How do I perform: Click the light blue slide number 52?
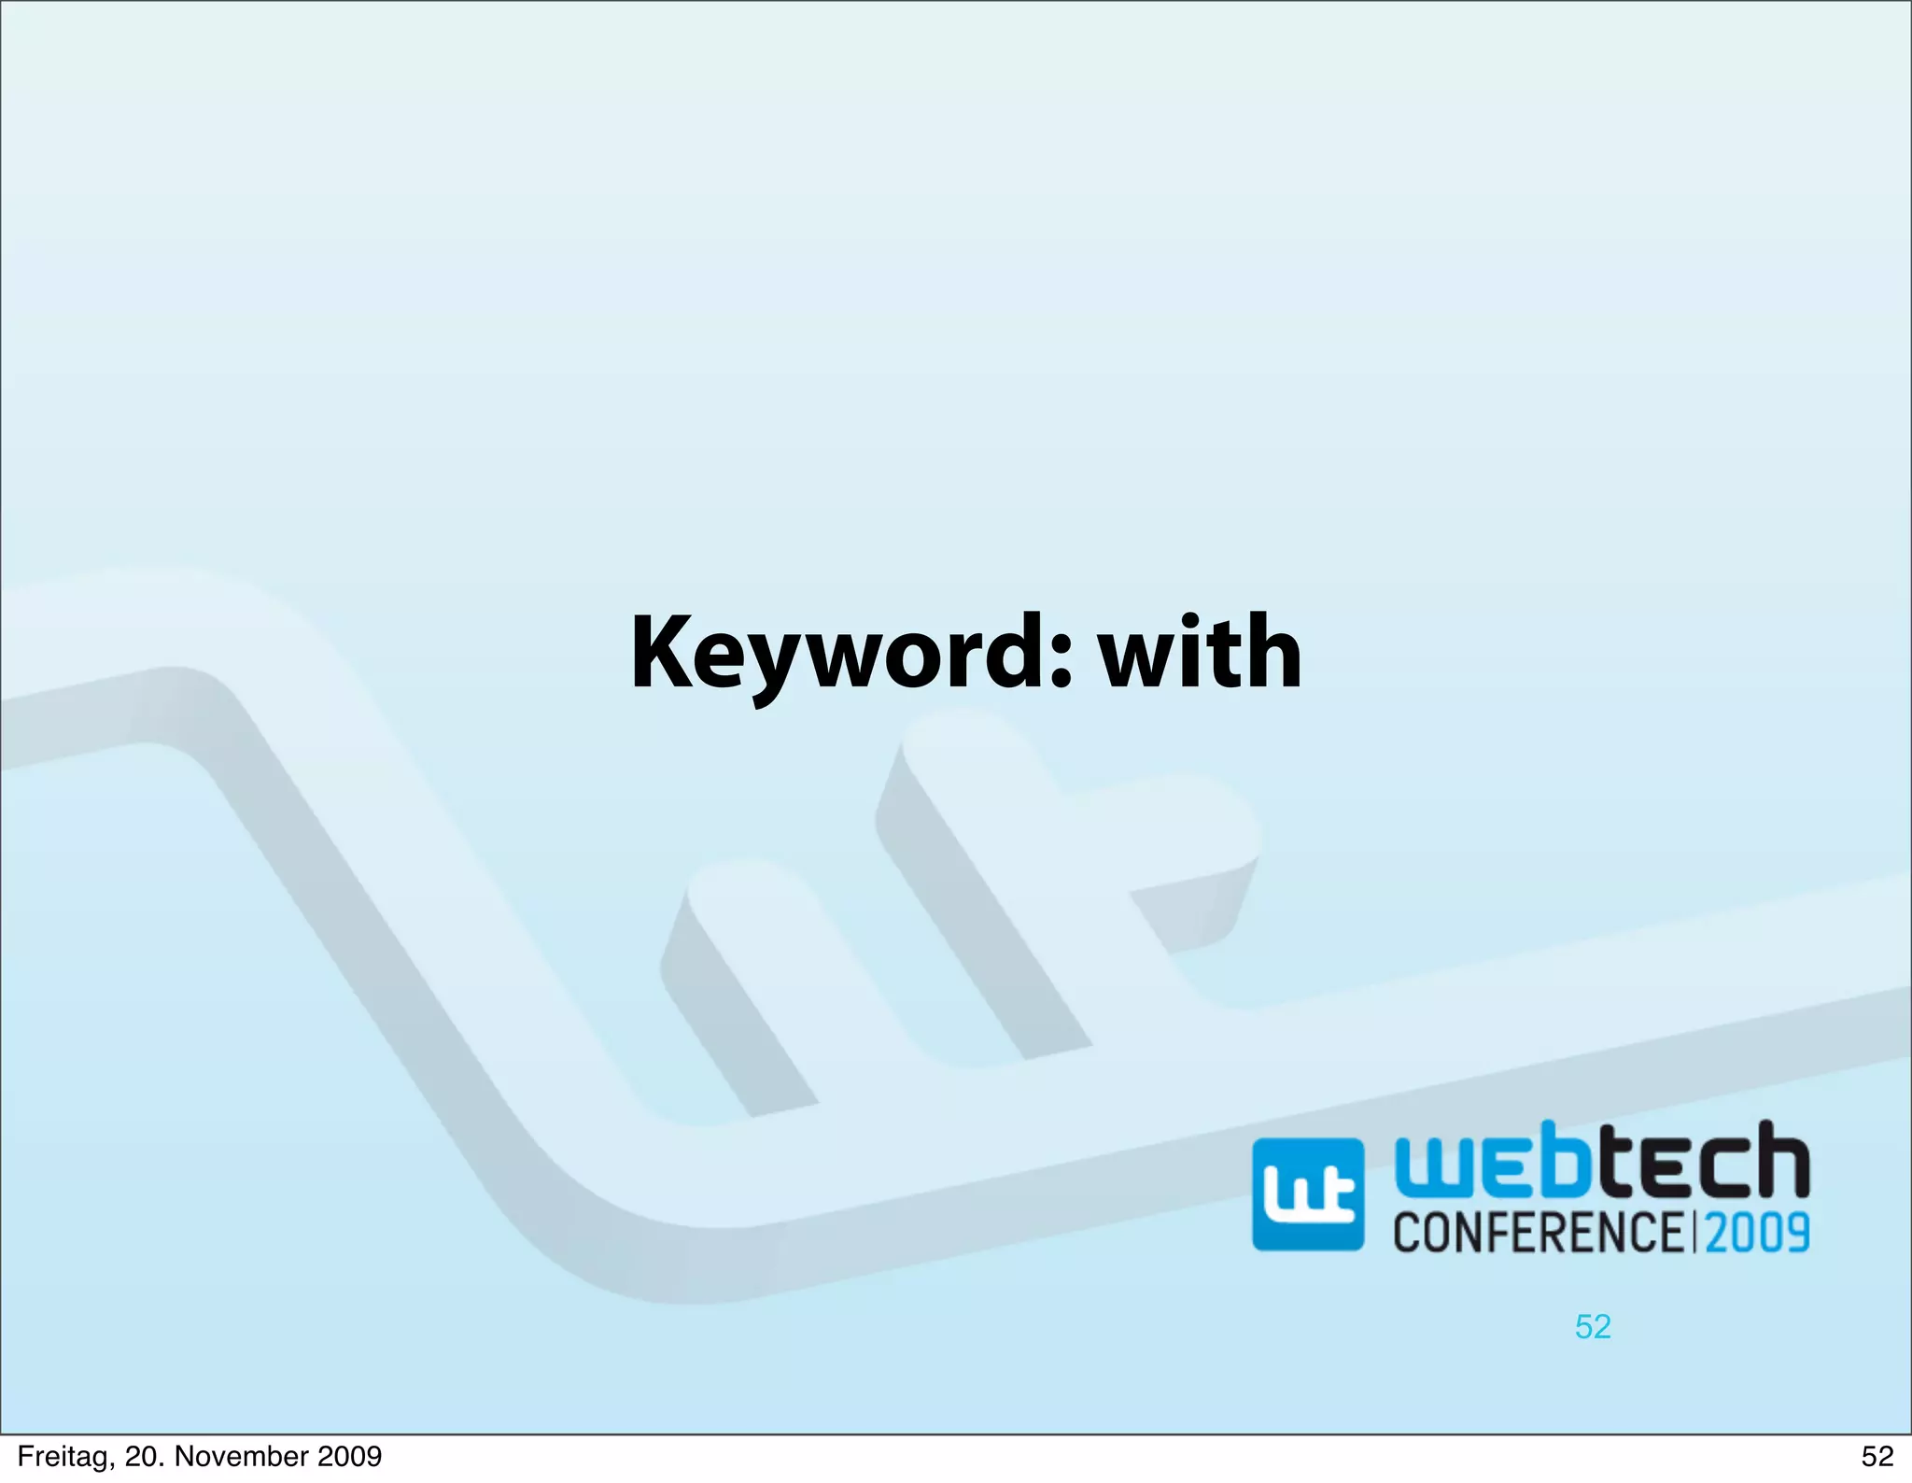pyautogui.click(x=1593, y=1327)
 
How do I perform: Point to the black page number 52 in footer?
pyautogui.click(x=1877, y=1457)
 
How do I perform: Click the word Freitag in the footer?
pyautogui.click(x=63, y=1457)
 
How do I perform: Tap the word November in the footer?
pyautogui.click(x=240, y=1457)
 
